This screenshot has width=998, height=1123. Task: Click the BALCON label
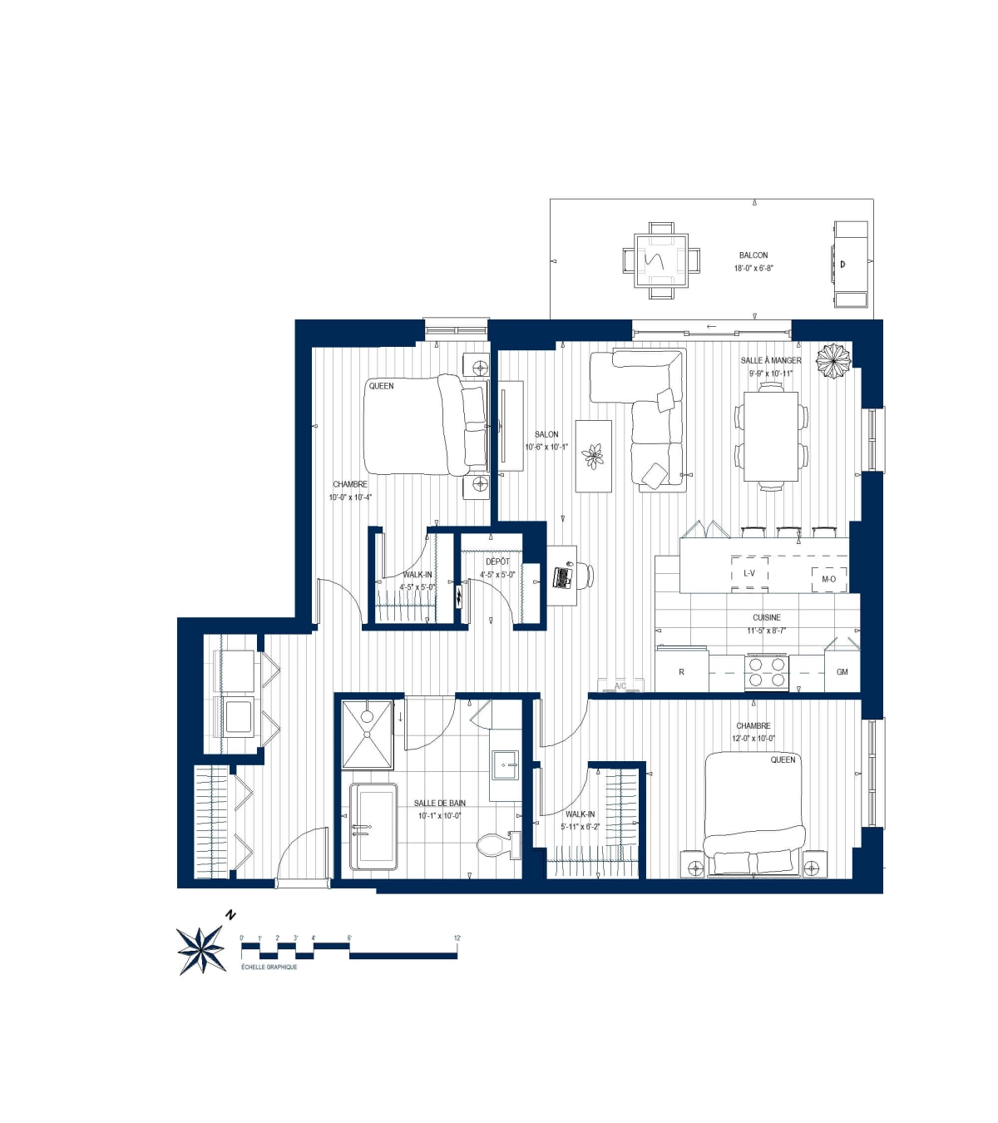753,255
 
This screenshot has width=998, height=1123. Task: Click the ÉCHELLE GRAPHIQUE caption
269,967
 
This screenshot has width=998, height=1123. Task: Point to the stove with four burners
766,671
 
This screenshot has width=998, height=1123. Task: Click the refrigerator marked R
681,671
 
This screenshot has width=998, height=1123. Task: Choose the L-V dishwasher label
749,573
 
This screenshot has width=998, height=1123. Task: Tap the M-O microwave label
828,579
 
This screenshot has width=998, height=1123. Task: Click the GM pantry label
842,671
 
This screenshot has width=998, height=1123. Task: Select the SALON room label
546,434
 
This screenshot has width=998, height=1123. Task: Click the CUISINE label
766,617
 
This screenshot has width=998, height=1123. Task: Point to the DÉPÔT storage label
497,561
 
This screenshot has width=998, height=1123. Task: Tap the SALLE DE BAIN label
439,803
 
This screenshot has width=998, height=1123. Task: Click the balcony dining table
661,260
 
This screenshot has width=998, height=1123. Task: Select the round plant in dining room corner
832,361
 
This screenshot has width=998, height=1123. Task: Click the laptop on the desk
563,576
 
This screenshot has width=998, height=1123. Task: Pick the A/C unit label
620,686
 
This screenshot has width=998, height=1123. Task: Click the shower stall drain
367,716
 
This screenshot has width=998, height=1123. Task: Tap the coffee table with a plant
593,456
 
